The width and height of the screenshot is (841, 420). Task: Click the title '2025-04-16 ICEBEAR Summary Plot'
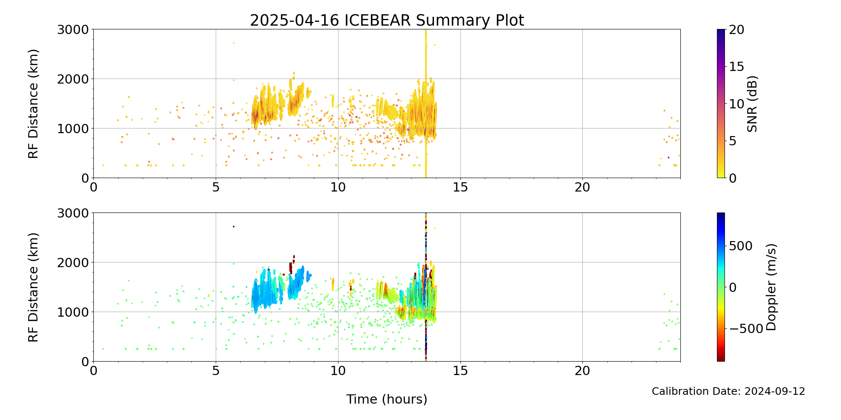pos(387,20)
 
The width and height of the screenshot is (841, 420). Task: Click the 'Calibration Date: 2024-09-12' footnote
pos(728,391)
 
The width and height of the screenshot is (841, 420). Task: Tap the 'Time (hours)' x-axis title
pos(387,399)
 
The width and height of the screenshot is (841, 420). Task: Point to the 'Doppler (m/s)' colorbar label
pos(771,287)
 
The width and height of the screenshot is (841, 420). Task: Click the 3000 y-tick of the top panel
pos(73,30)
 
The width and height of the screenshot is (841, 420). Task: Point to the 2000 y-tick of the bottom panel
pos(73,262)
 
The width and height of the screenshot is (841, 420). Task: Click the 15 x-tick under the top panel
pos(460,187)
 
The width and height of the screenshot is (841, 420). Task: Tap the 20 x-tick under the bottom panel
pos(582,370)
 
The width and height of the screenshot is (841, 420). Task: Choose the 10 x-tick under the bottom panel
pos(338,370)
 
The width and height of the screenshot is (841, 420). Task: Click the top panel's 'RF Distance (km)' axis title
pos(33,104)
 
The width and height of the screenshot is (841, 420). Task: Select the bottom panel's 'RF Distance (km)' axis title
pos(33,287)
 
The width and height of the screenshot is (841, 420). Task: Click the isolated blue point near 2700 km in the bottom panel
pos(234,226)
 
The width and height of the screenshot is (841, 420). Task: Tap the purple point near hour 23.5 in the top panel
pos(669,157)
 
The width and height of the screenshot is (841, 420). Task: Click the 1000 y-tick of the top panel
pos(73,129)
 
